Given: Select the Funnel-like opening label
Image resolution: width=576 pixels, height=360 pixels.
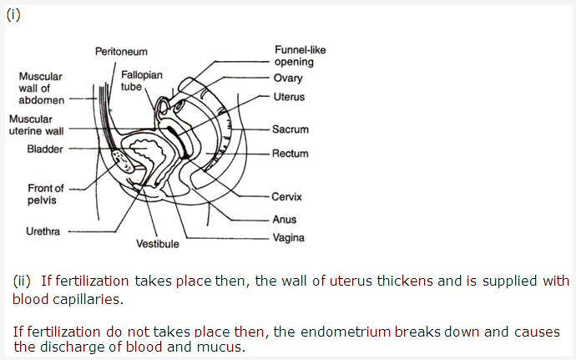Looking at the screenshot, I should tap(300, 56).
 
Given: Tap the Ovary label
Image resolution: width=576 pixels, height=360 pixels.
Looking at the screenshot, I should tap(287, 78).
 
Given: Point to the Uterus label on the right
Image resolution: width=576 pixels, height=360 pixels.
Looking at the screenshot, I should tap(289, 97).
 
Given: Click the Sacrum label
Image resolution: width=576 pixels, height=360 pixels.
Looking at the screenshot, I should tap(290, 129).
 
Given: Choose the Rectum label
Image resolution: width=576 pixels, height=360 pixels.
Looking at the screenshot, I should tap(290, 154).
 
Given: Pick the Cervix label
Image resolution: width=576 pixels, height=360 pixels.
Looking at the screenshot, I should tap(286, 197).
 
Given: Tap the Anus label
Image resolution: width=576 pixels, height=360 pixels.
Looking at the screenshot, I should tap(284, 220).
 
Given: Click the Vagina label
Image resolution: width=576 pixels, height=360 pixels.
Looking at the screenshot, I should tap(288, 237).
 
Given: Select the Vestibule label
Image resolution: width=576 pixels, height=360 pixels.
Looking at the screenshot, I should tap(158, 245).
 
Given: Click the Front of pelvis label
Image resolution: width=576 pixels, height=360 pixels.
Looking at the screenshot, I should tap(45, 195).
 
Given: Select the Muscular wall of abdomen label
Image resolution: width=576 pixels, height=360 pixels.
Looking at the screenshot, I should tap(40, 88).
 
